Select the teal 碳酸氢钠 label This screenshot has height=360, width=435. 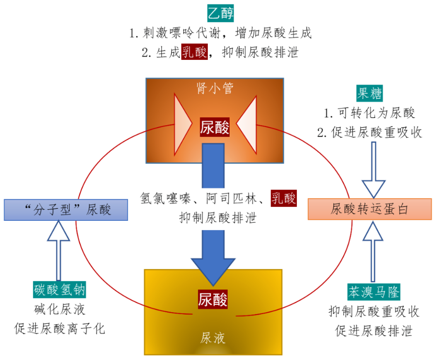pyautogui.click(x=59, y=289)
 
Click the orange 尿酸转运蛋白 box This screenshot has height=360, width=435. pyautogui.click(x=369, y=209)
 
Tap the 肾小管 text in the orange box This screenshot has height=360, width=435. pyautogui.click(x=215, y=89)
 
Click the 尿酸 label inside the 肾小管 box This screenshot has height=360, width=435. pyautogui.click(x=215, y=128)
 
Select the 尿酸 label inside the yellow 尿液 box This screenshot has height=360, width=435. pyautogui.click(x=213, y=299)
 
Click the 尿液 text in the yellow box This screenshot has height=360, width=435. pyautogui.click(x=213, y=336)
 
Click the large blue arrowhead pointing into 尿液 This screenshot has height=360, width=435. pyautogui.click(x=213, y=271)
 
